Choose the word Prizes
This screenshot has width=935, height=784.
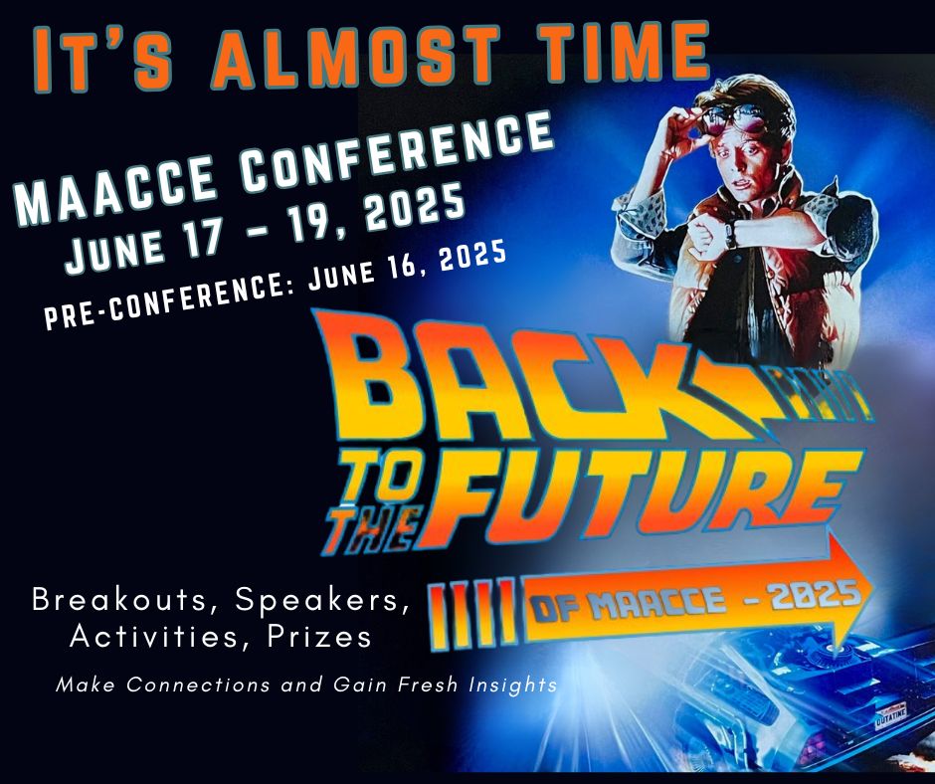click(x=319, y=636)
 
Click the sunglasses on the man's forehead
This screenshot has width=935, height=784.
click(x=732, y=119)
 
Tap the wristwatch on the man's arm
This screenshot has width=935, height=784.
click(x=730, y=233)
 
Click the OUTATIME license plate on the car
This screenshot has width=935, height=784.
click(x=891, y=719)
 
